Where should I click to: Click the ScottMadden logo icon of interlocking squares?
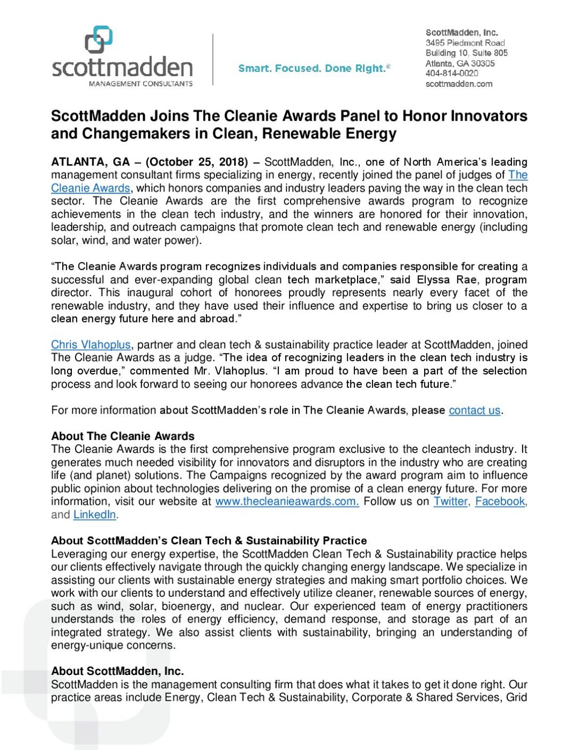pos(99,39)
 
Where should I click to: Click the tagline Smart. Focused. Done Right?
pos(314,68)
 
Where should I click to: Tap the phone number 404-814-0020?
pos(451,73)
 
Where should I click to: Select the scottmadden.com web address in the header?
pos(458,84)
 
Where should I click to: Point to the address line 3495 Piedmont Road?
pos(465,43)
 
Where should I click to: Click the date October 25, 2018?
pos(197,162)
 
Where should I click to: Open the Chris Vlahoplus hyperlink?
pos(91,345)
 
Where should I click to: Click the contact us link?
pos(474,410)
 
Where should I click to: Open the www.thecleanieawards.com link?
pos(287,502)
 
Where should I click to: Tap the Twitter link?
pos(450,502)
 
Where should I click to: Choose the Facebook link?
pos(500,502)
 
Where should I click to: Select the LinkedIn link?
pos(94,514)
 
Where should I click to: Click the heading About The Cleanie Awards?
pos(123,436)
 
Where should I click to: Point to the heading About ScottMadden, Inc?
pos(117,671)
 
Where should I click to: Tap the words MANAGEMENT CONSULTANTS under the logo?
pos(140,84)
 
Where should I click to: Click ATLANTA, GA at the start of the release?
pos(90,162)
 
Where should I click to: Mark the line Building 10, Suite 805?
pos(466,53)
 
